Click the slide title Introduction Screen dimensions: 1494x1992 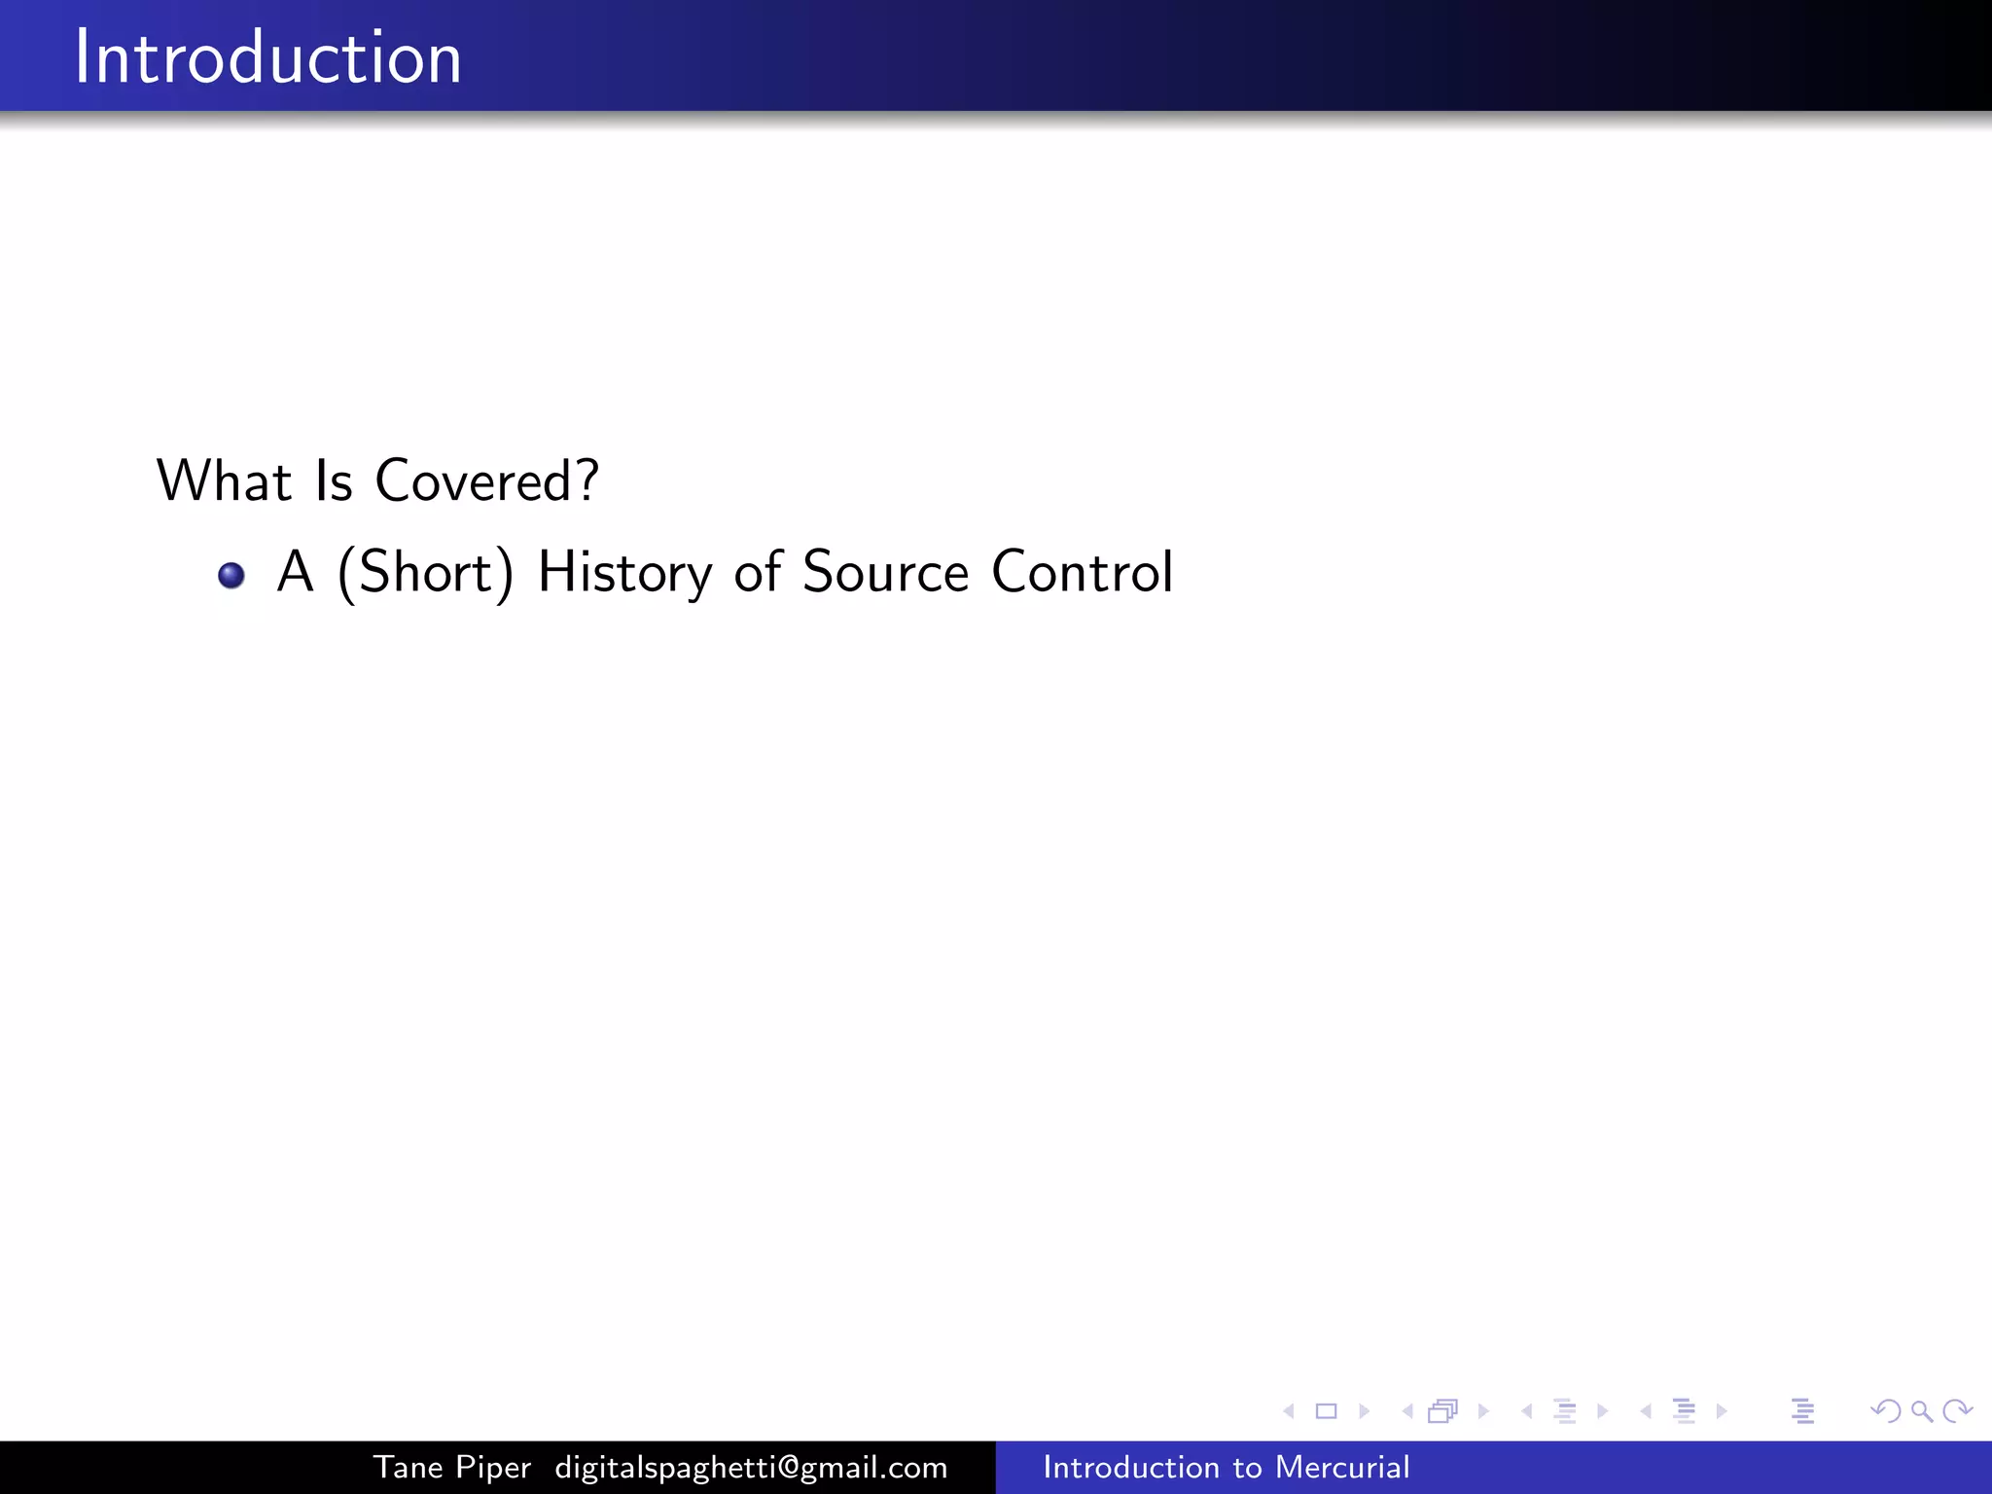267,57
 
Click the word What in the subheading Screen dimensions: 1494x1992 224,480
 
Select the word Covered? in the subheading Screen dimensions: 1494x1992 486,480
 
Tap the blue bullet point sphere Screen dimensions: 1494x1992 231,576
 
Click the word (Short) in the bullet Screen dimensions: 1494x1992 425,572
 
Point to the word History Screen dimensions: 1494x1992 624,572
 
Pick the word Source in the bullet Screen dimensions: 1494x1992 885,572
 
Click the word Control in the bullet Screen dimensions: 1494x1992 1082,572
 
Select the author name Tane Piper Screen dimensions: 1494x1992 452,1468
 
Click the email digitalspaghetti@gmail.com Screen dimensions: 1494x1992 751,1468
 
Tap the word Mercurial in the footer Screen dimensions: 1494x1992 1342,1468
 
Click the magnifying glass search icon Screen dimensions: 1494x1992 1921,1411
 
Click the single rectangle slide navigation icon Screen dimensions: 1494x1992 1326,1411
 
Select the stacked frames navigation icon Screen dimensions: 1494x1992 1443,1411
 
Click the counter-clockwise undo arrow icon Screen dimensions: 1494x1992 1885,1411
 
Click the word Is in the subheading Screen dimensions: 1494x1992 334,480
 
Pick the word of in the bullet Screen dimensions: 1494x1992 758,572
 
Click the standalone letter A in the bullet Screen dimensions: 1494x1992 296,572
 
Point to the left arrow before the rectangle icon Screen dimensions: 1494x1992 1289,1411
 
